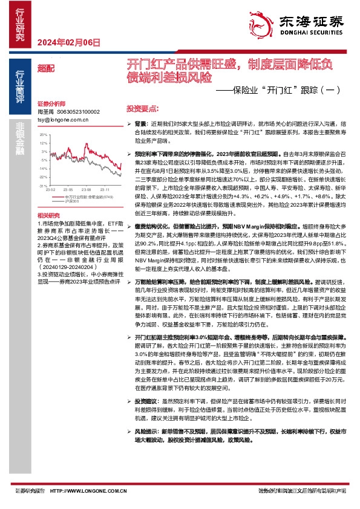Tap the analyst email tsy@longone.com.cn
tap(63, 120)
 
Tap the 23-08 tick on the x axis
tap(87, 190)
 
